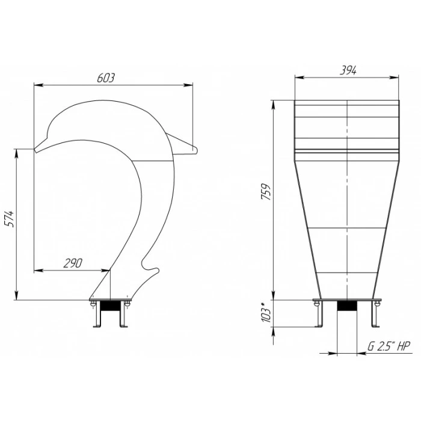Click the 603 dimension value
point(106,78)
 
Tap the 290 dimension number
point(73,263)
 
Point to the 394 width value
point(348,70)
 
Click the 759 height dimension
point(266,191)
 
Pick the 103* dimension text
point(265,312)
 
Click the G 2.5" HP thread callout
point(389,346)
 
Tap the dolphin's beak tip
point(35,150)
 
